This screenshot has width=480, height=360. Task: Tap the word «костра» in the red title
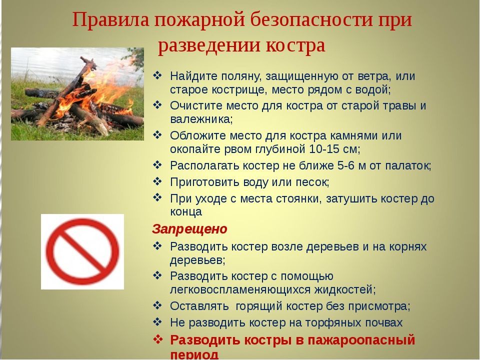pos(295,46)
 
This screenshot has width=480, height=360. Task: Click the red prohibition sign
pos(82,251)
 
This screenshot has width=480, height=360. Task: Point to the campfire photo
pos(77,94)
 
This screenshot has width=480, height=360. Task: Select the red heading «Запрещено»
pos(189,229)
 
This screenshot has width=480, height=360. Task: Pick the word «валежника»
pos(201,119)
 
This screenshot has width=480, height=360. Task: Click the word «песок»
pos(312,182)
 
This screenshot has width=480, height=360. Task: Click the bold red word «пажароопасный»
pos(361,340)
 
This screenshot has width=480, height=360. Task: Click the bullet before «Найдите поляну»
pos(157,75)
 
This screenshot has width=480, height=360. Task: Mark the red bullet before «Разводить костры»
pos(157,339)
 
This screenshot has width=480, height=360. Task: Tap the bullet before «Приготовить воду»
pos(157,181)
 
